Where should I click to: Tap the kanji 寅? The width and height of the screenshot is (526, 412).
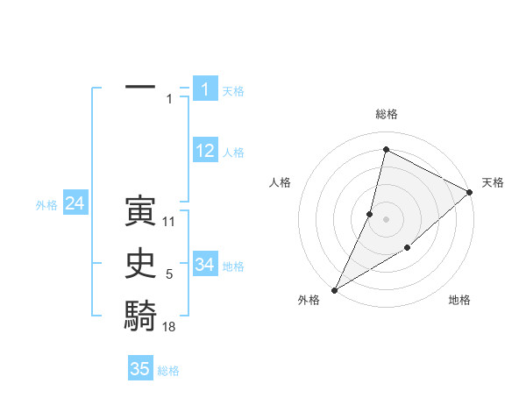click(140, 210)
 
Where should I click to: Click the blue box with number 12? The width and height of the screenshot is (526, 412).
click(205, 151)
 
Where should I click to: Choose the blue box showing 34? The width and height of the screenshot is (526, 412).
click(205, 264)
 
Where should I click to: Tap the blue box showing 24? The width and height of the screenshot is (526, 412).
click(75, 204)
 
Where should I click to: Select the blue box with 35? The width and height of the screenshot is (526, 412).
click(140, 369)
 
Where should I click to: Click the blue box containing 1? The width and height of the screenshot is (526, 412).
click(205, 89)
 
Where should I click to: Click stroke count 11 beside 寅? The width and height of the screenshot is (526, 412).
click(169, 222)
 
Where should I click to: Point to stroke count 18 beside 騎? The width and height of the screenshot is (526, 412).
click(169, 327)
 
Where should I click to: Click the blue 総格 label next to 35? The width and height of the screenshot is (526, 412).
click(168, 371)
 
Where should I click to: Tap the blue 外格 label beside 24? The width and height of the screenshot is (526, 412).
click(46, 206)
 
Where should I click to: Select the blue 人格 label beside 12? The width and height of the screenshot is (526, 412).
click(233, 153)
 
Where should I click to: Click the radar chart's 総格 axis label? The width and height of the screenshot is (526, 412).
click(386, 114)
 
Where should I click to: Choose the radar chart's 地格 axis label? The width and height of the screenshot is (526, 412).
click(459, 301)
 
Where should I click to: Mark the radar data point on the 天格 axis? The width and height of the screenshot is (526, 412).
click(469, 193)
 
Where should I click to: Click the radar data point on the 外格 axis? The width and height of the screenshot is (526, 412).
click(334, 289)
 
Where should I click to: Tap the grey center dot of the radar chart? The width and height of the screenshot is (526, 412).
click(386, 218)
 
